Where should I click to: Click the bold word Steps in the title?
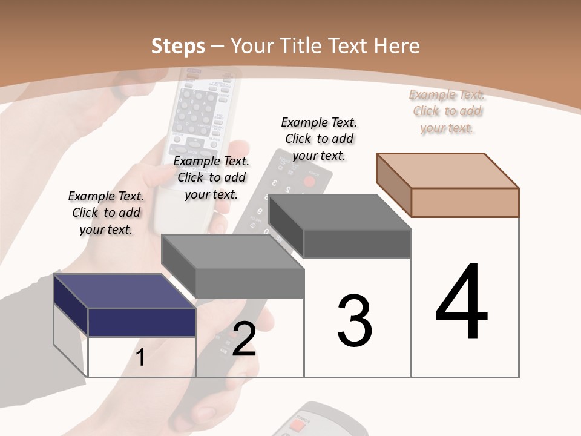178,46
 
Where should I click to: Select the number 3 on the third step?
354,321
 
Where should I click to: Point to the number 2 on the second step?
244,339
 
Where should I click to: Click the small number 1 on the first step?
140,357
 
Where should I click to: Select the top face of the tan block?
448,170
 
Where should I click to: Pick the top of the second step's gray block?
233,251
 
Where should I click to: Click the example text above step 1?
106,213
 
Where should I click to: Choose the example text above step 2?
211,177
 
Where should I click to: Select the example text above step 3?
319,139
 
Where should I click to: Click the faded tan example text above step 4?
447,111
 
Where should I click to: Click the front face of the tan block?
465,202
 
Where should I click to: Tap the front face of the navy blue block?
142,322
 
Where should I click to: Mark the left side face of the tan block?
393,185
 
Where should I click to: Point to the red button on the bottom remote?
297,426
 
